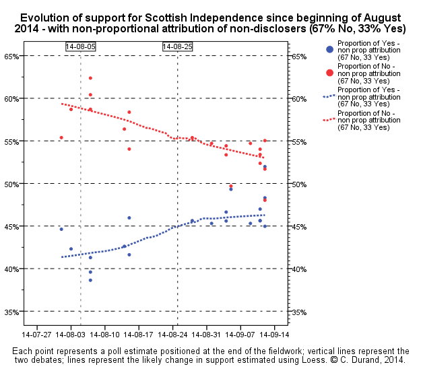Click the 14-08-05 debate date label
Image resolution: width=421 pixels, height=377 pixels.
pyautogui.click(x=81, y=46)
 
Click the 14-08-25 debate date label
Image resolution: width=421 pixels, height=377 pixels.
pyautogui.click(x=177, y=46)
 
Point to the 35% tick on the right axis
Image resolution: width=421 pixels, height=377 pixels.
pyautogui.click(x=300, y=312)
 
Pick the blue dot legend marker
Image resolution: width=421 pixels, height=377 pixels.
pyautogui.click(x=329, y=49)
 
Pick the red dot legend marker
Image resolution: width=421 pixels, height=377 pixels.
pyautogui.click(x=329, y=72)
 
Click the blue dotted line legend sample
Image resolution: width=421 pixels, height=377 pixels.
pyautogui.click(x=329, y=96)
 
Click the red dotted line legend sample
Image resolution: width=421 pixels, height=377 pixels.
pyautogui.click(x=329, y=119)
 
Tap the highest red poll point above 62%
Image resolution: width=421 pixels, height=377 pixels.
pyautogui.click(x=90, y=78)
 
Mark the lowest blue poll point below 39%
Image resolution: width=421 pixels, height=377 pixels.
pyautogui.click(x=90, y=280)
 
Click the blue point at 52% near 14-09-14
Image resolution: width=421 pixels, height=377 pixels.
pyautogui.click(x=265, y=167)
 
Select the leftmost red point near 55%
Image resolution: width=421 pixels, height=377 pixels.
pyautogui.click(x=61, y=138)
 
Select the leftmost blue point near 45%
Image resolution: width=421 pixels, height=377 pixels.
pyautogui.click(x=61, y=229)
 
